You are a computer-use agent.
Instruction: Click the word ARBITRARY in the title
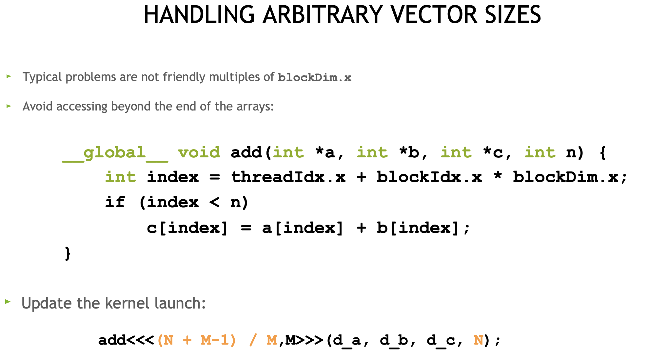(323, 15)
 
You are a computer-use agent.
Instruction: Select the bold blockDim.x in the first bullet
(314, 78)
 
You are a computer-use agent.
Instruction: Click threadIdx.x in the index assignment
(288, 177)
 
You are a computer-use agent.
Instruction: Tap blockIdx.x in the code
(429, 177)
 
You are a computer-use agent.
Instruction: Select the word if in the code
(115, 202)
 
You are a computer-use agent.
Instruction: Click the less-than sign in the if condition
(214, 202)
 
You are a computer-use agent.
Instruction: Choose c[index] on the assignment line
(187, 228)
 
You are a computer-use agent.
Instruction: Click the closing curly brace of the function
(68, 253)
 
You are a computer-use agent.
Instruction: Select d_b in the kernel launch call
(394, 340)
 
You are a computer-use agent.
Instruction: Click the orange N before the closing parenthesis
(478, 340)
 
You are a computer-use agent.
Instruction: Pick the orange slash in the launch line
(252, 340)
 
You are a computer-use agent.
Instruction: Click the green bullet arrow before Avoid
(9, 106)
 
